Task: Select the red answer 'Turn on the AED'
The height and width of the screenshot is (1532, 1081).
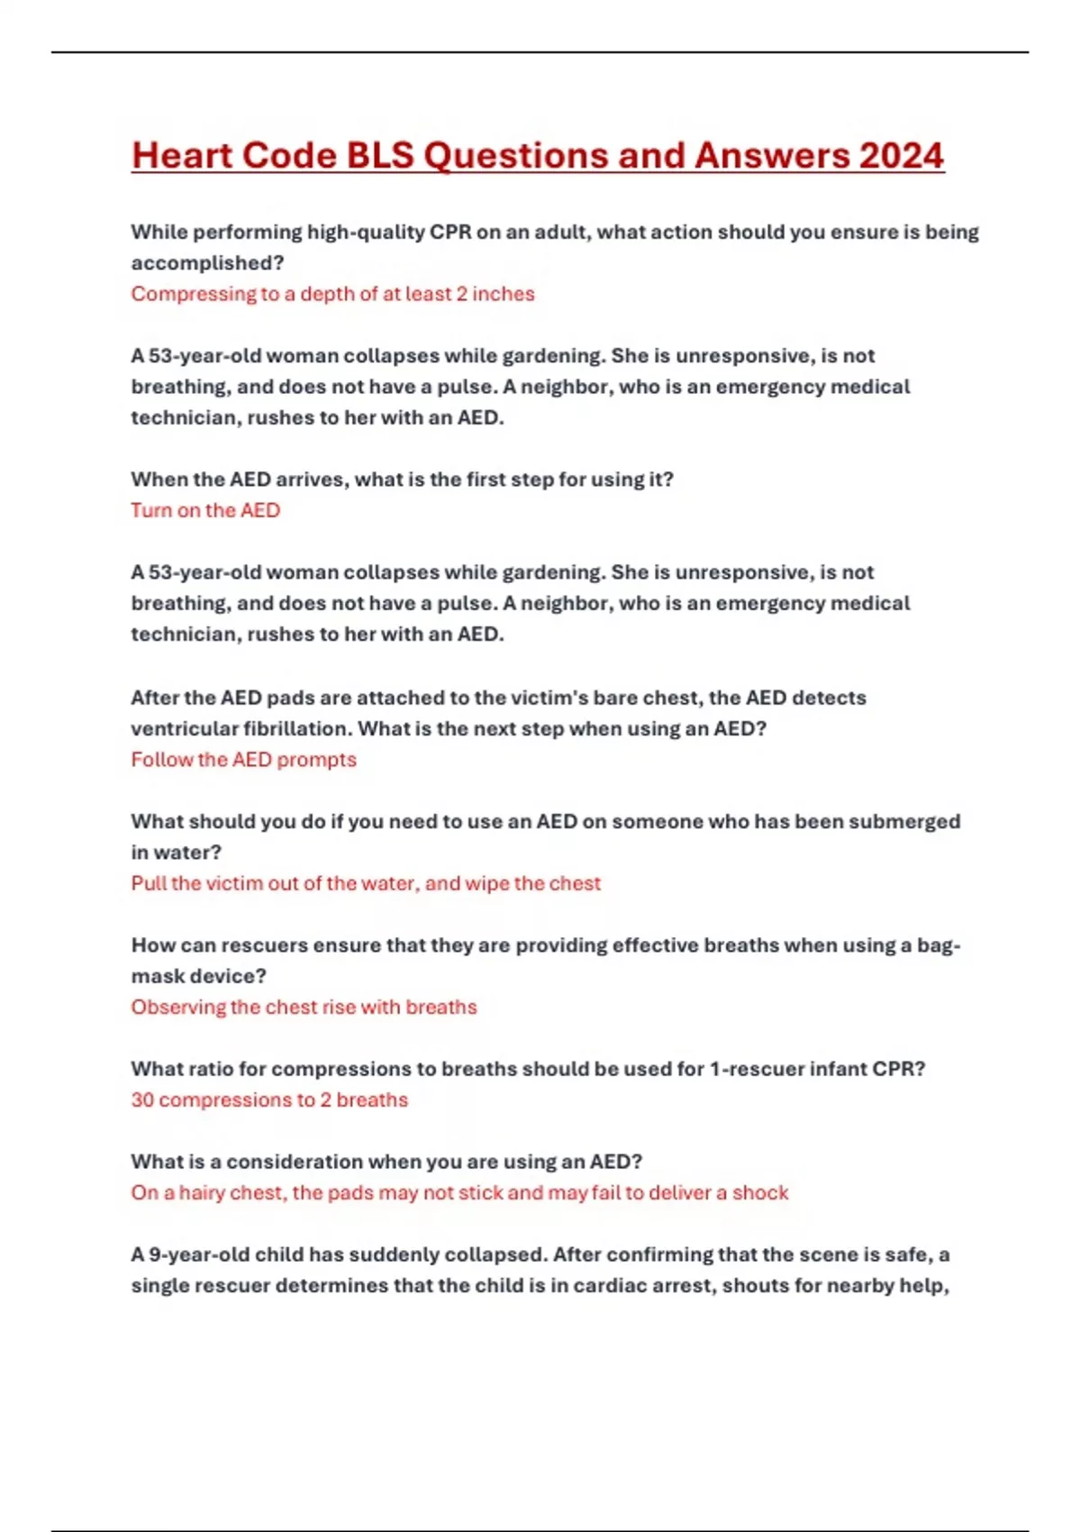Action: pos(205,510)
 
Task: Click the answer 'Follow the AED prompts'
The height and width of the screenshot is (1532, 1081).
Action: pos(243,760)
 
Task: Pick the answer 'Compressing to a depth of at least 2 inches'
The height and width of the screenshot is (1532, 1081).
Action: pos(332,294)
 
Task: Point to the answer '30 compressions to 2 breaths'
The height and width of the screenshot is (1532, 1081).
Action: pos(269,1099)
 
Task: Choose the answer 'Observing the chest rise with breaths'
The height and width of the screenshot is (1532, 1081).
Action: pos(304,1007)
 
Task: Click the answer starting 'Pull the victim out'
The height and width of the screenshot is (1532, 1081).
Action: pos(366,883)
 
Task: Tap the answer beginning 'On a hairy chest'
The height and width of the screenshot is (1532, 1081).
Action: pos(459,1192)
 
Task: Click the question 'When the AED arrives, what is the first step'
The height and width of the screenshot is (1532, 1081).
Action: pos(402,479)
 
